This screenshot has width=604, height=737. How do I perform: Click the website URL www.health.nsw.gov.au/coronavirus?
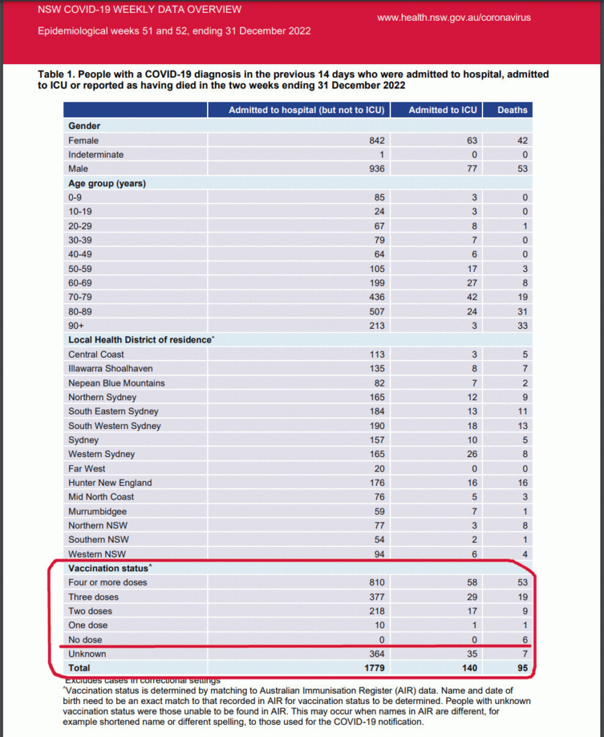point(454,17)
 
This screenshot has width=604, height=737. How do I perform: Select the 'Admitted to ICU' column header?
point(442,110)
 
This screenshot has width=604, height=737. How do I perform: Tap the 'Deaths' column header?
point(513,110)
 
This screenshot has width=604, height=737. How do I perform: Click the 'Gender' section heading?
point(84,126)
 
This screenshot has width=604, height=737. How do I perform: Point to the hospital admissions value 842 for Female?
point(377,140)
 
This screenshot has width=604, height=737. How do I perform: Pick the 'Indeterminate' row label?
point(96,155)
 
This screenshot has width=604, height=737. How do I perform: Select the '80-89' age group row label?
point(81,312)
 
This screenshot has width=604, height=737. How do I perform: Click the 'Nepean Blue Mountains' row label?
point(116,383)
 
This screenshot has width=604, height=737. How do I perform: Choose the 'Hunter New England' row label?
point(110,483)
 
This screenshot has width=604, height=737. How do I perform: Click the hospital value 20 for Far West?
point(379,469)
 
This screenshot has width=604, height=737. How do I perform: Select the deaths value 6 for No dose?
point(524,640)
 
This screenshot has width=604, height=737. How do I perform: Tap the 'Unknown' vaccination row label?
point(87,654)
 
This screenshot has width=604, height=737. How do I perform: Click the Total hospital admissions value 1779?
point(374,669)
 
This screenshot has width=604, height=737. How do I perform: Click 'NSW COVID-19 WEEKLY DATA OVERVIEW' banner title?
point(139,10)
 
